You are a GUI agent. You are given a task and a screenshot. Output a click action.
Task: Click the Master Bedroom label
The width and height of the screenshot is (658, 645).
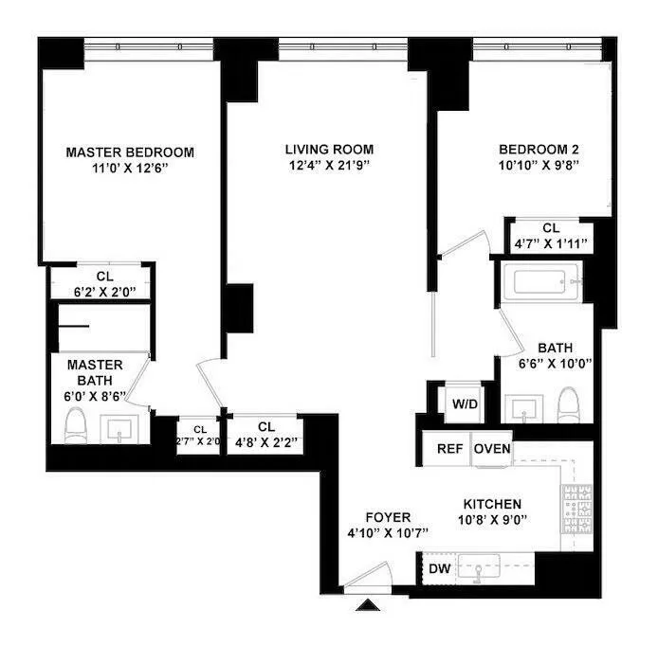[x=130, y=152]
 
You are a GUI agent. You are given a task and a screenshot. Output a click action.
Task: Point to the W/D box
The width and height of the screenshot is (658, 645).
[x=465, y=404]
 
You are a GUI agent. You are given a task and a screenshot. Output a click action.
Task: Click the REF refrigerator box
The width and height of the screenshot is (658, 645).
[x=448, y=449]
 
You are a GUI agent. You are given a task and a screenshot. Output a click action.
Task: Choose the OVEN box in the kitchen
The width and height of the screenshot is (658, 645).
[x=492, y=449]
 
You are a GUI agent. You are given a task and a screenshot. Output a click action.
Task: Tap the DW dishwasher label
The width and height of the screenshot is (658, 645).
[x=439, y=568]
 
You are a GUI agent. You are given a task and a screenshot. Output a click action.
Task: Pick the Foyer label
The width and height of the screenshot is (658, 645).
[x=389, y=517]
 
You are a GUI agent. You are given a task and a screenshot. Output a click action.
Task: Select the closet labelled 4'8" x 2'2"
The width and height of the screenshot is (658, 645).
[x=265, y=433]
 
